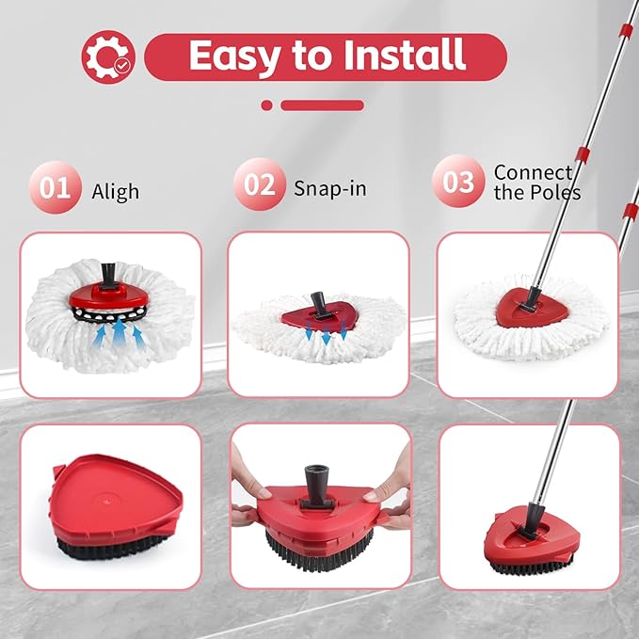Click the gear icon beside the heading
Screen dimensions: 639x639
(107, 56)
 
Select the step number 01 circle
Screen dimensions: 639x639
(56, 186)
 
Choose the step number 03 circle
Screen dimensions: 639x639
(459, 181)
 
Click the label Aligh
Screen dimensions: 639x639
(115, 191)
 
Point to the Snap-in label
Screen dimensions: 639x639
(328, 187)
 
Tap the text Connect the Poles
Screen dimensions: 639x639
(536, 182)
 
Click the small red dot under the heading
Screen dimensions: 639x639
(267, 105)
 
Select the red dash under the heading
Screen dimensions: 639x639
(322, 105)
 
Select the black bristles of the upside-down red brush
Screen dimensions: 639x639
(99, 551)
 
